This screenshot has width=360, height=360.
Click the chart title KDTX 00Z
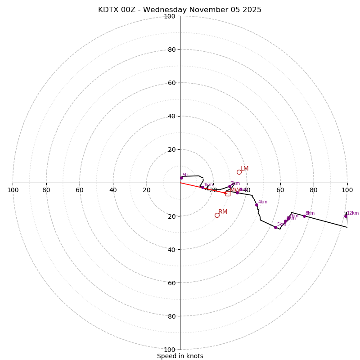coord(180,10)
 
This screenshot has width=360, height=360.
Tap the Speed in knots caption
coord(180,356)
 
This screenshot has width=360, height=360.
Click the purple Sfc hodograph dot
coord(181,178)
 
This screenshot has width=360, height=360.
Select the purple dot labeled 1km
coord(202,188)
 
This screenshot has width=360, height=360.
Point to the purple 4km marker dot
coord(256,205)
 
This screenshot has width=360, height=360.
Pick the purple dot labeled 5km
coord(275,227)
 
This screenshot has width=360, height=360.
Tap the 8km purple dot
coord(304,216)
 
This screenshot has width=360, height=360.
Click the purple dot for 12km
coord(346,216)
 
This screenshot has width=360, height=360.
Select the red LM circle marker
coord(239,172)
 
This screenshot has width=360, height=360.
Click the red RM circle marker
coord(217,215)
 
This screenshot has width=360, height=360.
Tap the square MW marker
coord(228,193)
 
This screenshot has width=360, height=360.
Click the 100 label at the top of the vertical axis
coord(170,16)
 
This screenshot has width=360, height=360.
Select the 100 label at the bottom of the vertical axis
coord(170,349)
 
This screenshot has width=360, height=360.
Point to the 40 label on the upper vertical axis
coord(171,116)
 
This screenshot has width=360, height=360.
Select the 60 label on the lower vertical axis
coord(171,283)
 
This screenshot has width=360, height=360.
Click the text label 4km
coord(263,202)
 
